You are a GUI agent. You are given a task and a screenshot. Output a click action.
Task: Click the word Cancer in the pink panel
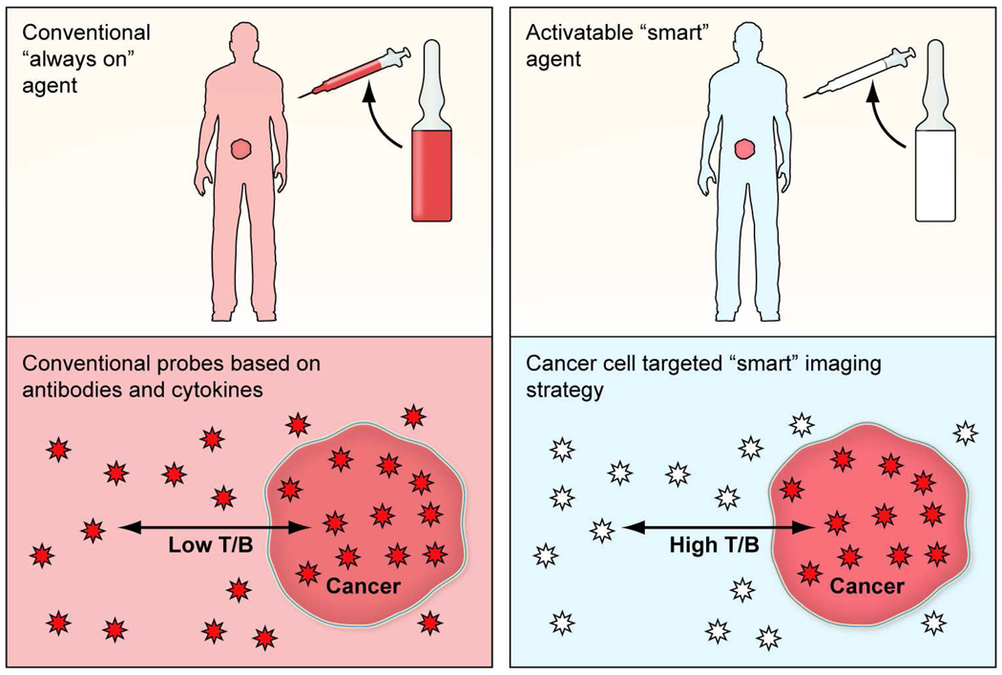(x=364, y=585)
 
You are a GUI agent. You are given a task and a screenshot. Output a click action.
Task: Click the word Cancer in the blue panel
(x=866, y=585)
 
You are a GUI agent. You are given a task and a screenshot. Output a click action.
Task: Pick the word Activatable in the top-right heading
(x=576, y=33)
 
